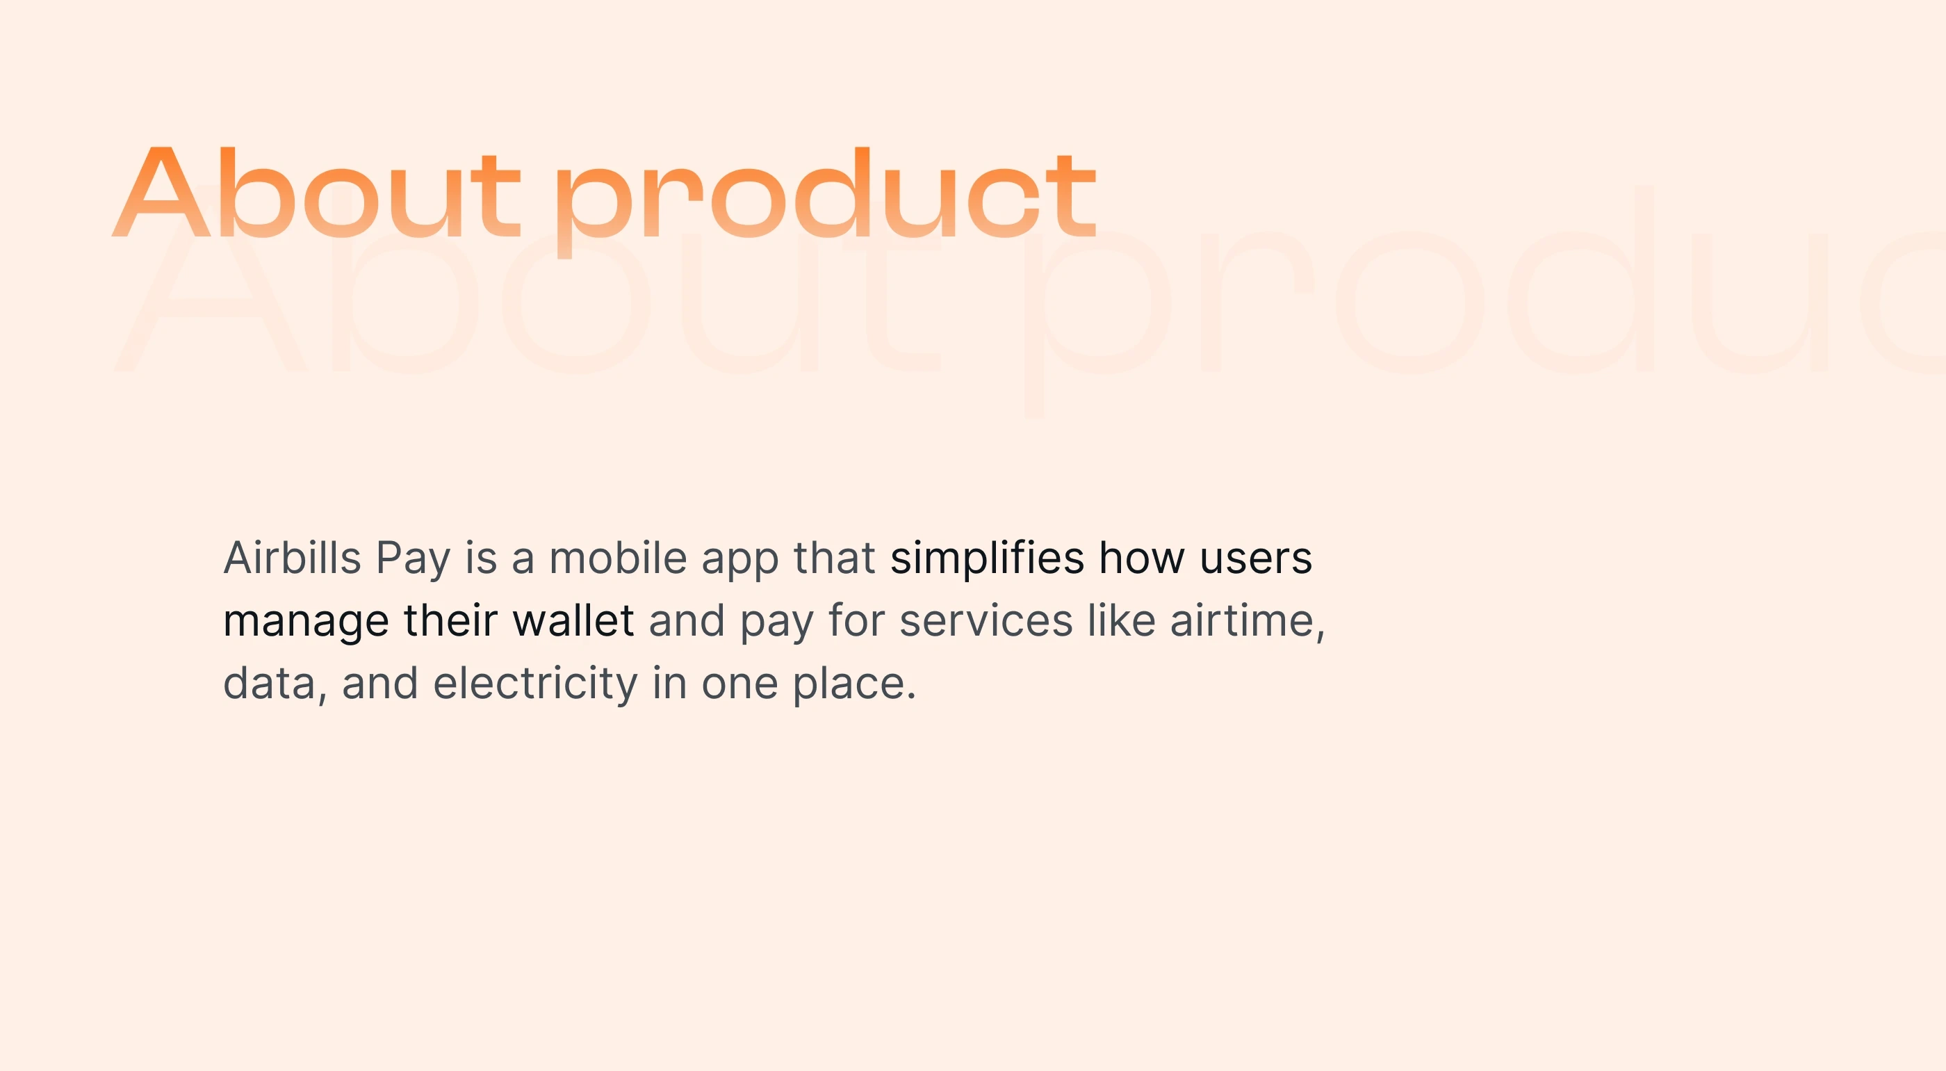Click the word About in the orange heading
[x=316, y=193]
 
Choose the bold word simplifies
[x=988, y=559]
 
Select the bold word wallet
[x=573, y=620]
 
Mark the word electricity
[x=536, y=685]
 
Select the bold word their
[x=450, y=620]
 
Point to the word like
[x=1121, y=620]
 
